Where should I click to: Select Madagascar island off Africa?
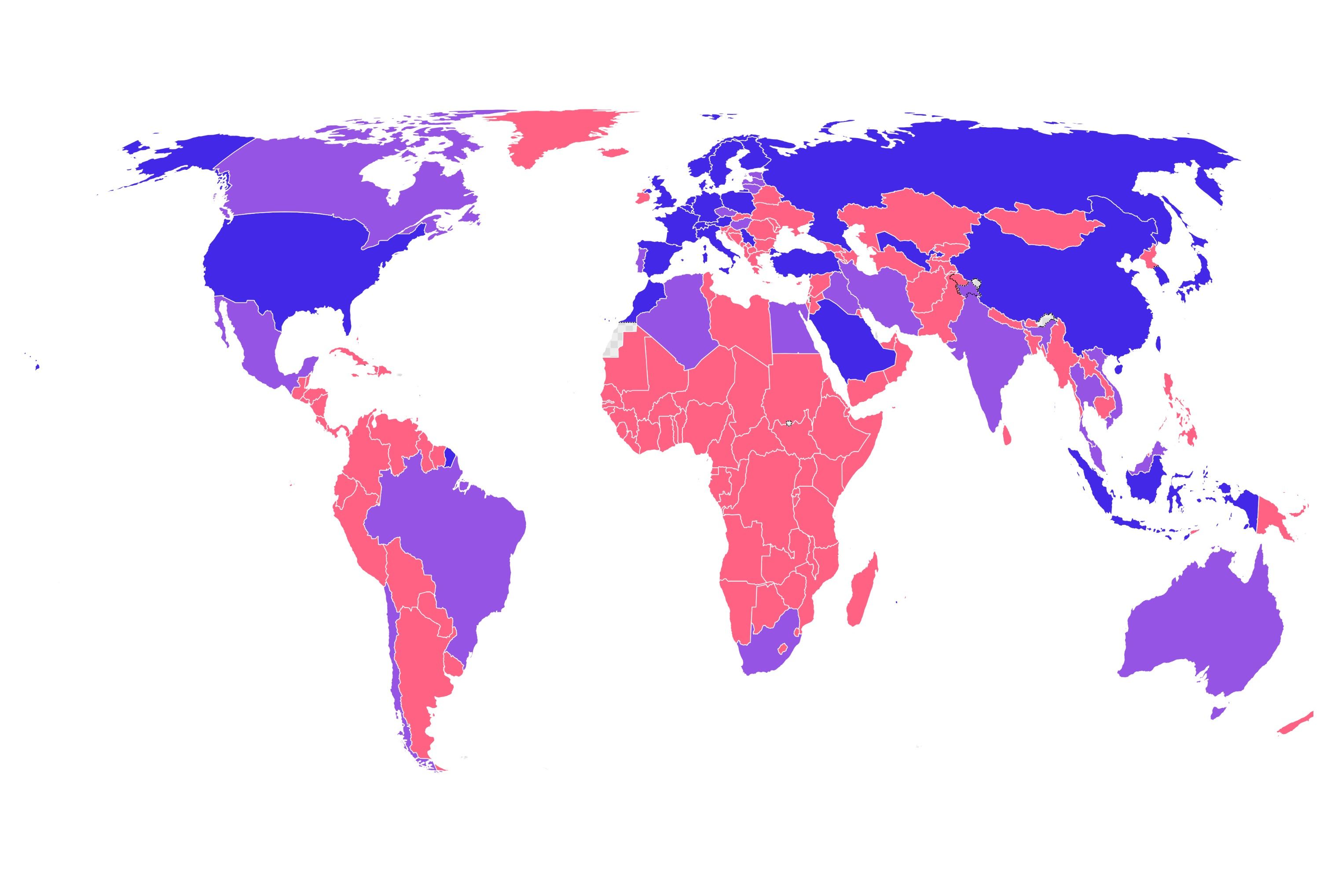coord(861,592)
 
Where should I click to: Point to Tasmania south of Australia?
coord(1217,713)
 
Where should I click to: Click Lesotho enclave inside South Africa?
coord(781,649)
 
